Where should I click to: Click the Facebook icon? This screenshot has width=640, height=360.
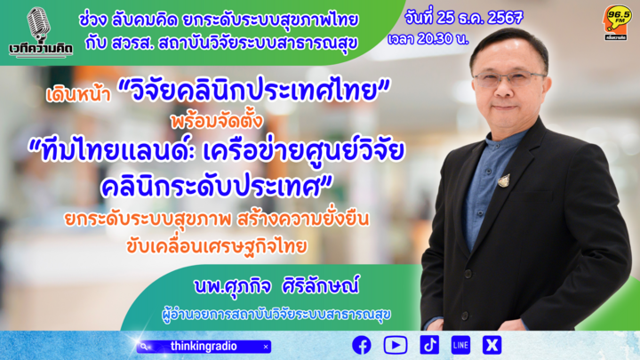tap(362, 345)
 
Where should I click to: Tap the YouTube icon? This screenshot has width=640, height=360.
tap(395, 345)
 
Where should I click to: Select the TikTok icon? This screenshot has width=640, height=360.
tap(429, 345)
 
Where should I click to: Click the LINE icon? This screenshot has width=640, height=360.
tap(460, 345)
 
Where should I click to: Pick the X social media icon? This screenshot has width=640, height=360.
tap(492, 345)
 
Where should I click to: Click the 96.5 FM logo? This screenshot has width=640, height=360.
tap(618, 23)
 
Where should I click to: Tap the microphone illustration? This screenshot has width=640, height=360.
tap(38, 24)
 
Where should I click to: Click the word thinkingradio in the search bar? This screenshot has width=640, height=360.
tap(204, 347)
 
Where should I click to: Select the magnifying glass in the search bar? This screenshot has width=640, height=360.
tap(144, 347)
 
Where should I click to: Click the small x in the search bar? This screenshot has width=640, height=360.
tap(266, 347)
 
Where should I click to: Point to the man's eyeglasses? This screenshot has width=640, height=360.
tap(508, 79)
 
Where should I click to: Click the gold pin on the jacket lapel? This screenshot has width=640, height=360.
tap(505, 180)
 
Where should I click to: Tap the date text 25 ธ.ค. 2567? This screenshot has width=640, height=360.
tap(480, 18)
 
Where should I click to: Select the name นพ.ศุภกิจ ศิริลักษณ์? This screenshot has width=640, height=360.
tap(276, 285)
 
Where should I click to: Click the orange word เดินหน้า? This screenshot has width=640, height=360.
tap(79, 95)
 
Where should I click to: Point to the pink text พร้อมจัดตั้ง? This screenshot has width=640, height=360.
tap(217, 121)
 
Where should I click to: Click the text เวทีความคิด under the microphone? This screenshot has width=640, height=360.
tap(41, 49)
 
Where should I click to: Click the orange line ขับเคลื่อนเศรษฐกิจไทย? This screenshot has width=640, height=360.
tap(216, 246)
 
